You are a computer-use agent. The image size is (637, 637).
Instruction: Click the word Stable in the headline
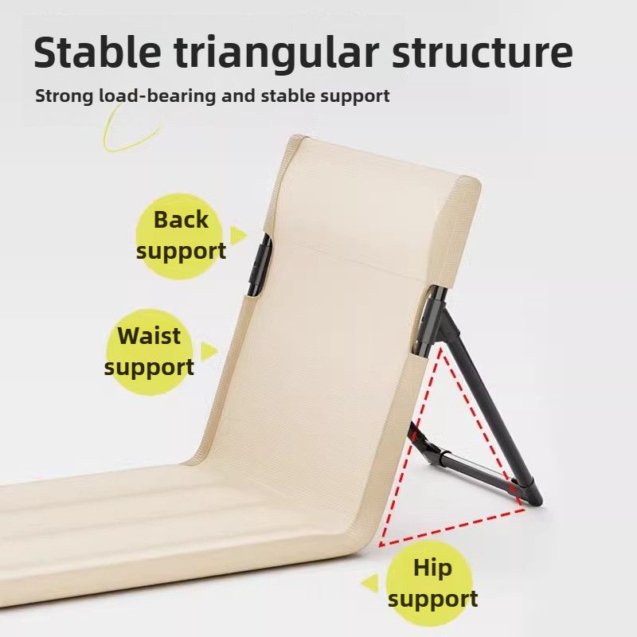97,53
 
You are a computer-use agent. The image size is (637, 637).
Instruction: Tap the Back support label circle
179,236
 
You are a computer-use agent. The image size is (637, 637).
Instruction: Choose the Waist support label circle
150,352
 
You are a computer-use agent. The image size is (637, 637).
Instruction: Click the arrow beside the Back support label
238,235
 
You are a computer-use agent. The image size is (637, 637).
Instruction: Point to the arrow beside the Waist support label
209,350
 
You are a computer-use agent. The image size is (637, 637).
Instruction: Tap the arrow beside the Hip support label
369,584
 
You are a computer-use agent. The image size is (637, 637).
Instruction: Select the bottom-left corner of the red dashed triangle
380,545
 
